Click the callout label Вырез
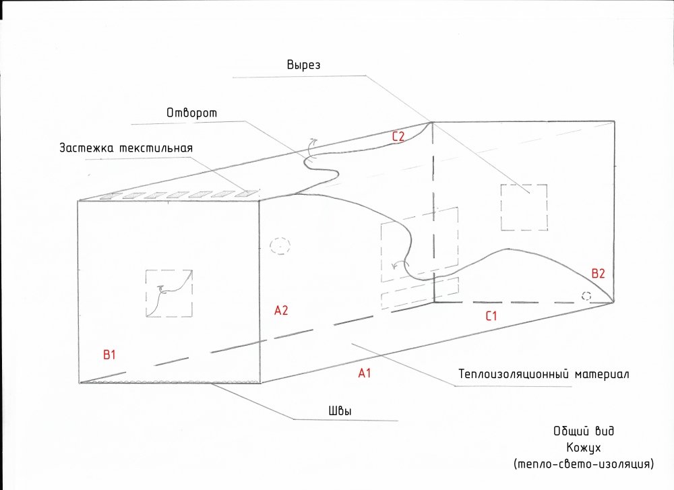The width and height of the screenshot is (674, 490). (x=303, y=65)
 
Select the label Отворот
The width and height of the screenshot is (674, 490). (x=191, y=113)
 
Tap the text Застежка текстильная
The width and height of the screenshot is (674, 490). (x=126, y=148)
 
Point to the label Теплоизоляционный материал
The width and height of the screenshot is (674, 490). (x=544, y=374)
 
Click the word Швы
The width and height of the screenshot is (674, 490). (x=340, y=411)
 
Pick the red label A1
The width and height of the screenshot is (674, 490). (x=365, y=373)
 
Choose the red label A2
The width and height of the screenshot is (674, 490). (x=281, y=310)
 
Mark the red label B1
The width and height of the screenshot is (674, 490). (x=110, y=355)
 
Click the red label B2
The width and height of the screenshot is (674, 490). (x=599, y=274)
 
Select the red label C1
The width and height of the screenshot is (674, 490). (x=491, y=316)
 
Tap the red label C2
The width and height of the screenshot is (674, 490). (x=398, y=137)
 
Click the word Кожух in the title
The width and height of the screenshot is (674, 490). (x=583, y=448)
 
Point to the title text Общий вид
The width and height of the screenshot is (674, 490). (x=584, y=431)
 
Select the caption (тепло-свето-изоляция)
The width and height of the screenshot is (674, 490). (x=583, y=464)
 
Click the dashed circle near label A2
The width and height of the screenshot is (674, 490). (x=280, y=246)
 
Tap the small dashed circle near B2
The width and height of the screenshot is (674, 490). (x=586, y=296)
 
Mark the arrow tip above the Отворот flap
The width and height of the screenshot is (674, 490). (x=317, y=140)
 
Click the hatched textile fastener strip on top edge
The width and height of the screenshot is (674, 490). (x=181, y=194)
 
